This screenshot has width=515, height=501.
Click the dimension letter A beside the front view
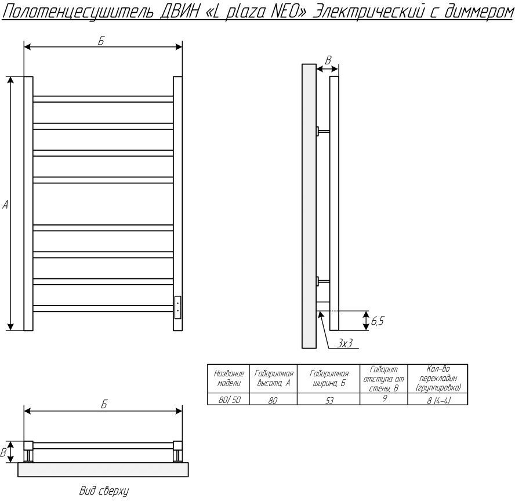[5, 205]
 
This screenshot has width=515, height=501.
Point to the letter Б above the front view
[101, 41]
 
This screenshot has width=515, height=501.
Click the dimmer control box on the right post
[177, 306]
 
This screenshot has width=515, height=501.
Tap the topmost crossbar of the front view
[103, 99]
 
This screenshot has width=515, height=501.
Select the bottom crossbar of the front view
[103, 308]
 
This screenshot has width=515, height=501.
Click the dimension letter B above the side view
[328, 60]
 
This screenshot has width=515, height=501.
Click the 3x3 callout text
[346, 343]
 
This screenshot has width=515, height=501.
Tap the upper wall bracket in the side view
[322, 131]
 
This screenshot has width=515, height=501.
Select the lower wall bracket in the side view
[322, 282]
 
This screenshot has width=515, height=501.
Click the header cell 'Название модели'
[229, 379]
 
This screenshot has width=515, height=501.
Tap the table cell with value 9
[385, 399]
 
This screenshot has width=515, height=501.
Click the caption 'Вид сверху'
[104, 491]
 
